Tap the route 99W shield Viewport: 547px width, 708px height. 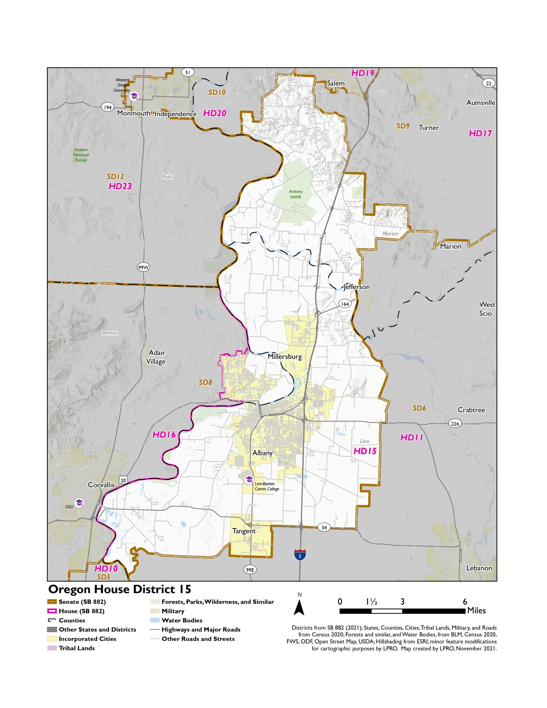click(x=143, y=267)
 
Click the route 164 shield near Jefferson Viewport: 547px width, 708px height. click(x=345, y=304)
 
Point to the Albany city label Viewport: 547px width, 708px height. click(x=263, y=453)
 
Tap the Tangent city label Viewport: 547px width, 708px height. click(x=244, y=531)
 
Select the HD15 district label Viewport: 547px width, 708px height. click(x=365, y=451)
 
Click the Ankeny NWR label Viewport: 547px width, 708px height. click(x=296, y=194)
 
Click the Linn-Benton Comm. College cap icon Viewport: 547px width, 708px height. click(x=249, y=480)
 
